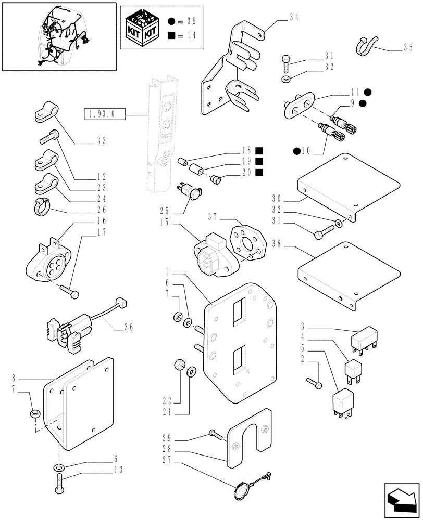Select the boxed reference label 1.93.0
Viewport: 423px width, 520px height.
[x=102, y=113]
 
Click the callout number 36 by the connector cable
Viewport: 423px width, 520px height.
[x=129, y=328]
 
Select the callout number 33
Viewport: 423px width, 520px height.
[x=101, y=141]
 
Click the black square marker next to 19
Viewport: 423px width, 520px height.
[x=259, y=161]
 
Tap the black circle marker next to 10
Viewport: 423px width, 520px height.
[x=296, y=151]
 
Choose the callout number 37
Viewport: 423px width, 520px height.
[x=213, y=217]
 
